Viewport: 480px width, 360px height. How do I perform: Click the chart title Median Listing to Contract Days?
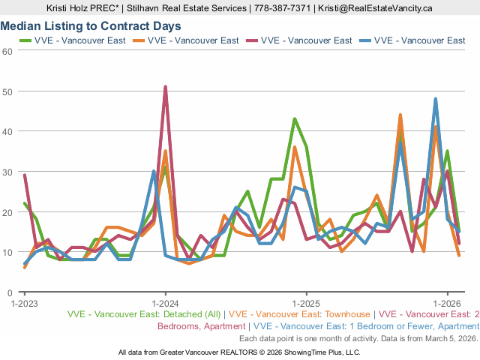91,26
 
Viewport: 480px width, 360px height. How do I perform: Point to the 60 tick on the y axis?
7,51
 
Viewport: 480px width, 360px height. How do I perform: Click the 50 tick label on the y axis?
7,91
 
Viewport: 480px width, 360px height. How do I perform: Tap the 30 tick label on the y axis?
7,172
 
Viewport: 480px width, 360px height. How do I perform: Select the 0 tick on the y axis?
10,292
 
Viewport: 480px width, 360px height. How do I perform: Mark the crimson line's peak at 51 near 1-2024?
165,87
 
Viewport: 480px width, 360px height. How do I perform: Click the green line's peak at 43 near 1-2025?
295,119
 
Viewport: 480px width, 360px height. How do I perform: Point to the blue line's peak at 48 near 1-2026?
436,99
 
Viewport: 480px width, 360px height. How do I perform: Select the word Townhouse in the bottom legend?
345,315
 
